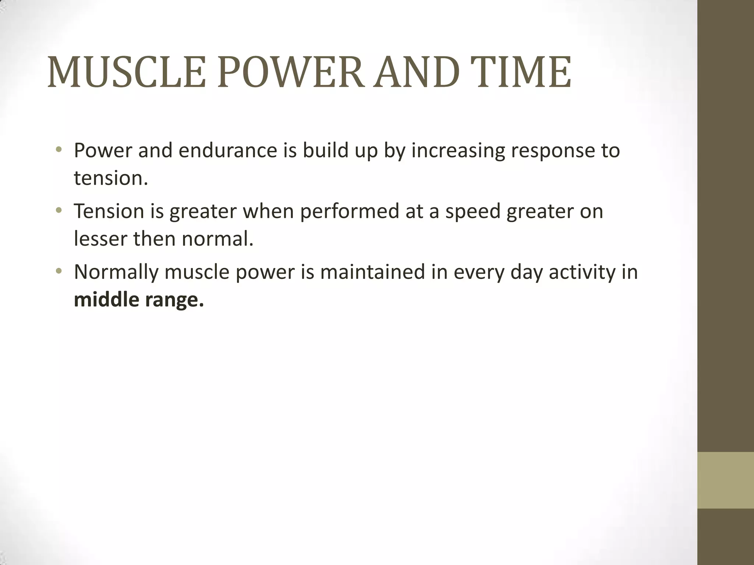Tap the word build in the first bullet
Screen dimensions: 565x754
(325, 151)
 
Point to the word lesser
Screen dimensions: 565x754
(100, 239)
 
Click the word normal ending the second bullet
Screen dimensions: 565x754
(218, 239)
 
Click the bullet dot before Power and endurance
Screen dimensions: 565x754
(59, 150)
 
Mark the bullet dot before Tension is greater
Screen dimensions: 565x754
(59, 211)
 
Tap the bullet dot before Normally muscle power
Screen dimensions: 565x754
(59, 272)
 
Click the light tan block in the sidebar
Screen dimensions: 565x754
(726, 480)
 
